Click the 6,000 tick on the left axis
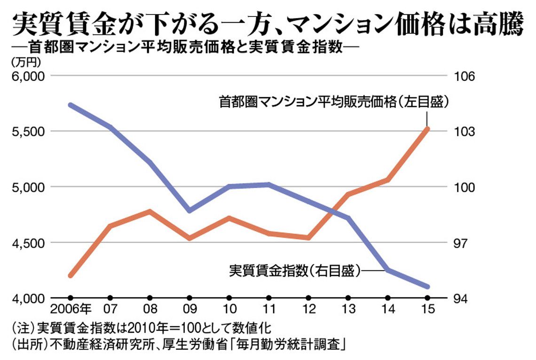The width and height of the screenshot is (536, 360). pos(28,76)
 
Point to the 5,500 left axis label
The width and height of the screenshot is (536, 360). pos(28,132)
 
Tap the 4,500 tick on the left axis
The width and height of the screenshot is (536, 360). pos(28,243)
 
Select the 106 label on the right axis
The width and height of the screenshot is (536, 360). pos(464,76)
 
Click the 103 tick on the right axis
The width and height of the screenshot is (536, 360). pos(464,132)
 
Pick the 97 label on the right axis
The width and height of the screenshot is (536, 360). pos(460,243)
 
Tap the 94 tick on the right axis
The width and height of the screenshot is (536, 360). pos(460,298)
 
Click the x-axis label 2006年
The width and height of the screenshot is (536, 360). pos(71,309)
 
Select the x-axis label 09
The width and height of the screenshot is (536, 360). pos(190,309)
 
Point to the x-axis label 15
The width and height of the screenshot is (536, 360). pos(428,309)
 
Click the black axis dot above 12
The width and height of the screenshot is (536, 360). pos(309,298)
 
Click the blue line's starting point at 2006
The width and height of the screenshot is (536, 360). pos(70,105)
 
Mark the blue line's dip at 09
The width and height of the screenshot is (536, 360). pos(189,210)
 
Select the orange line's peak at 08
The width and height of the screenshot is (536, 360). pos(150,211)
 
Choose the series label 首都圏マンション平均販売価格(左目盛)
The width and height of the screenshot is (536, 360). pos(334,102)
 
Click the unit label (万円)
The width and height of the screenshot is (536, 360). pos(26,62)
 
